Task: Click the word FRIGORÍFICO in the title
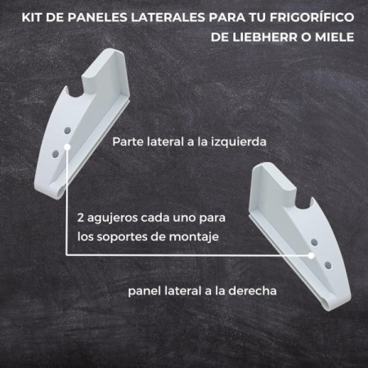tap(312, 17)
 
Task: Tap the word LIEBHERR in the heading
tap(264, 37)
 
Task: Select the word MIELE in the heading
tap(334, 37)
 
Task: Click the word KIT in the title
tap(32, 17)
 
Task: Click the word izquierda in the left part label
tap(239, 142)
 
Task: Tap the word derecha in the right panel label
tap(253, 291)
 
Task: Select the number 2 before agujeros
tap(80, 218)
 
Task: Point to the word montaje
tap(194, 237)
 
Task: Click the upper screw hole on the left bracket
tap(67, 131)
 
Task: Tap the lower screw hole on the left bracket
tap(56, 154)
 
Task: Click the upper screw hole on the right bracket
tap(314, 242)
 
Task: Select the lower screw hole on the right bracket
tap(328, 265)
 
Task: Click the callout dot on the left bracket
tap(67, 147)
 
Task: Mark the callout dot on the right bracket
tap(311, 256)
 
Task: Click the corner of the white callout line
tap(67, 255)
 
